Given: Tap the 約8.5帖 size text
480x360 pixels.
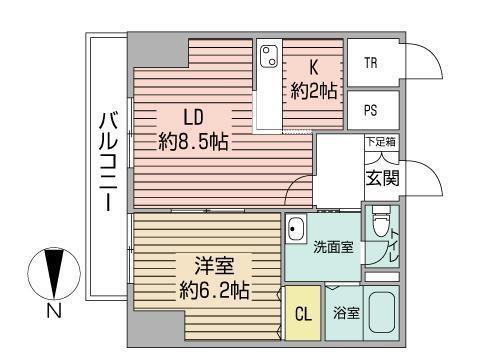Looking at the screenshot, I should pos(194,141).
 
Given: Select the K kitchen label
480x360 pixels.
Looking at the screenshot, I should pos(313,68).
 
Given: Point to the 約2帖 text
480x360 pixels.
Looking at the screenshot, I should pos(314,91).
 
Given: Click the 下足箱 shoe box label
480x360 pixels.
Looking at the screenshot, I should pos(379,144).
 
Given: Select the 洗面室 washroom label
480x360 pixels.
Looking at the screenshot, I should pos(332,247).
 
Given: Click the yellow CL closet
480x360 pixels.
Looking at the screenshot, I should pos(302,313).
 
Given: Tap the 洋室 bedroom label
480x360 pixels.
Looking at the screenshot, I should pos(214,268).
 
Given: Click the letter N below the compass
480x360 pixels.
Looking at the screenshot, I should pos(50,312).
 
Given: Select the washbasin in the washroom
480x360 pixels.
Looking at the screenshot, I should pos(296,232).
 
